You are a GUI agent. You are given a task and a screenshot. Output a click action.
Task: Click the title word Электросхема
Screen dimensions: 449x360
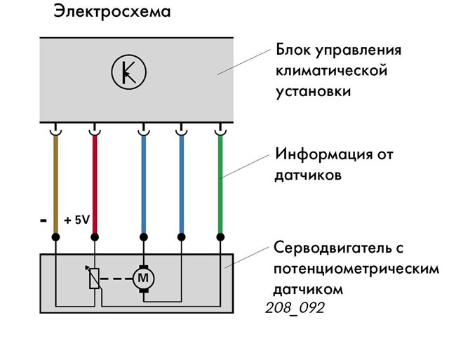(112, 12)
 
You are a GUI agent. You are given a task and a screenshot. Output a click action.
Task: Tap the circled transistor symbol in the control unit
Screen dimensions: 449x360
(129, 72)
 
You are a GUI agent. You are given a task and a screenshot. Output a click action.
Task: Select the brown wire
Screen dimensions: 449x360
(55, 184)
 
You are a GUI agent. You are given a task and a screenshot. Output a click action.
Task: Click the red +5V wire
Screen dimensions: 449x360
(95, 184)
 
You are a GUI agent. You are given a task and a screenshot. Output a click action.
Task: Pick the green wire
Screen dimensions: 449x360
(220, 184)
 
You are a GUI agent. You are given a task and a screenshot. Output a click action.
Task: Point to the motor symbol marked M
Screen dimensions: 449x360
(143, 279)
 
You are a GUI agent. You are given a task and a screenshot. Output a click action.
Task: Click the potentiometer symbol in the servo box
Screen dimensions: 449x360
(94, 277)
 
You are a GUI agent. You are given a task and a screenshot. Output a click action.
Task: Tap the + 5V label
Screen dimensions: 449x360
(77, 220)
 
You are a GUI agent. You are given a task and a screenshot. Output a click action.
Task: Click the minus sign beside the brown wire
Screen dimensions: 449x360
(43, 220)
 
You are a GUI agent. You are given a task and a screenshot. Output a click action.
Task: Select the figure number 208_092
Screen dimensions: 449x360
(295, 308)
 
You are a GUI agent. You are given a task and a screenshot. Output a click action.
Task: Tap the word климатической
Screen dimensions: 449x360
(332, 70)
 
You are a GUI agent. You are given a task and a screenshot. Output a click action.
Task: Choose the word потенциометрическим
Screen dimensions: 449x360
(356, 269)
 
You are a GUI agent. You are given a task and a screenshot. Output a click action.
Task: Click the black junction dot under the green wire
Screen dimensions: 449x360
(220, 237)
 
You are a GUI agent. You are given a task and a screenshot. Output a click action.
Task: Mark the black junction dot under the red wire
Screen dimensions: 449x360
(95, 237)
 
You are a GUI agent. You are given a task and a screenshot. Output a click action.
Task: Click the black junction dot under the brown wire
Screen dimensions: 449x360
(55, 237)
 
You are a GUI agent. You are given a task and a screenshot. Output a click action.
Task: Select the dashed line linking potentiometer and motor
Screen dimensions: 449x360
(116, 279)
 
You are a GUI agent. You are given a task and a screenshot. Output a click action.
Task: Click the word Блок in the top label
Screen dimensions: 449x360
(293, 50)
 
